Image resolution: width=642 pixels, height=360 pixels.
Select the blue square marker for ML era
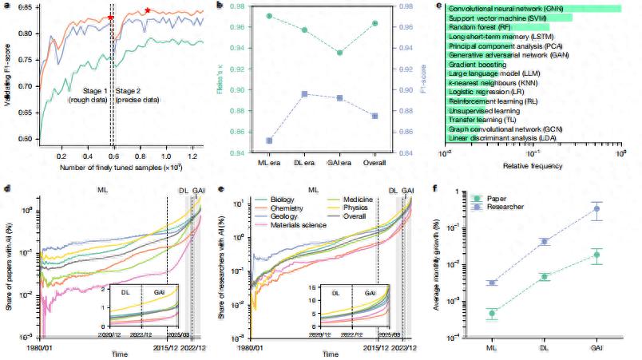click(x=268, y=140)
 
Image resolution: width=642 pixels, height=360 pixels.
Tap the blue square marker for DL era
click(x=304, y=94)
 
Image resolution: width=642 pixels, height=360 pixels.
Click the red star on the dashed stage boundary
click(x=111, y=17)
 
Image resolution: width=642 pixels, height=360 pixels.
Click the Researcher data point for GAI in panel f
click(x=594, y=209)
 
